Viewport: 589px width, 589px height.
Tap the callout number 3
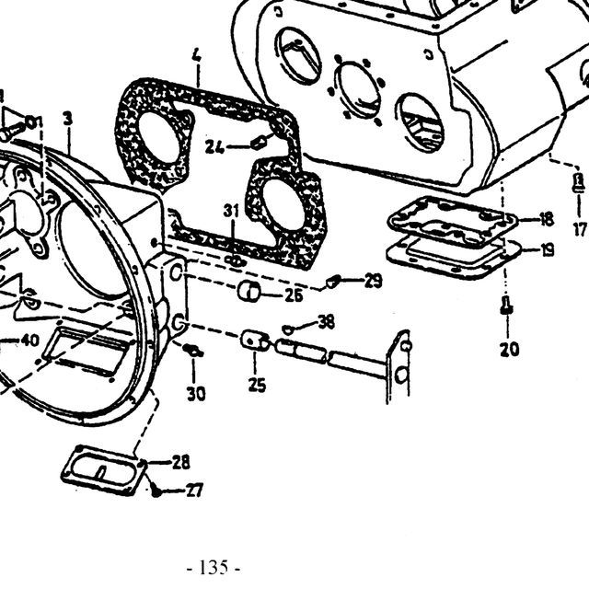(67, 120)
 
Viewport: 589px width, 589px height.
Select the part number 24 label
(214, 147)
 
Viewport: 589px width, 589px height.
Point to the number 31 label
(231, 211)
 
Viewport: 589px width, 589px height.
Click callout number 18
(546, 219)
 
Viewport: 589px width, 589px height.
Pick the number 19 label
(546, 249)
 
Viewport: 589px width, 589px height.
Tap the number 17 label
(580, 229)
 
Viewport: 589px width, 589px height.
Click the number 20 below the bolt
(509, 350)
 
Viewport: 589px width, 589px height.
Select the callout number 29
(373, 281)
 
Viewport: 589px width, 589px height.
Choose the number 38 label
(327, 322)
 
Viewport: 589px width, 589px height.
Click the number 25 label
(257, 385)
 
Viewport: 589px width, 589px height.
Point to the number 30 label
(196, 394)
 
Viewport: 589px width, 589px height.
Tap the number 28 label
(180, 462)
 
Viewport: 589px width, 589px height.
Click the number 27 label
(194, 491)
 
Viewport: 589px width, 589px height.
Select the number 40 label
(30, 341)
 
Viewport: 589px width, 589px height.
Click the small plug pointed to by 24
(259, 143)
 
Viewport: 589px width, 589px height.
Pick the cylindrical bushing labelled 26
(249, 291)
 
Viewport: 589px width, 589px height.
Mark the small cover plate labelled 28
(104, 470)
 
